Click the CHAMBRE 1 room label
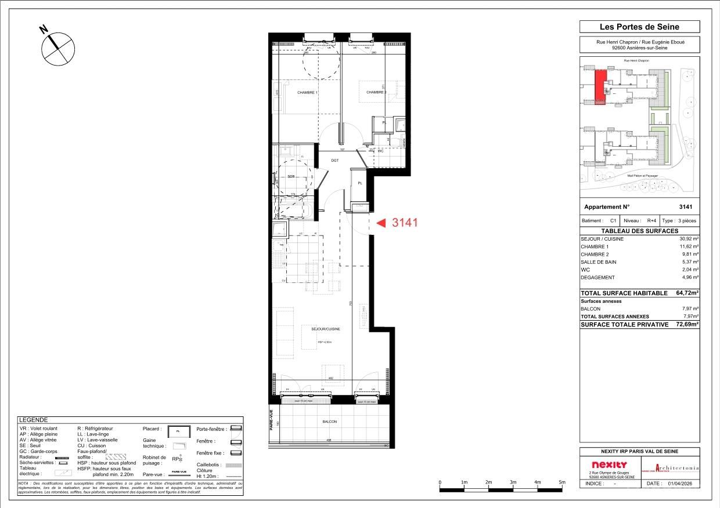pos(307,93)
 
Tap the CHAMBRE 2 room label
pos(376,92)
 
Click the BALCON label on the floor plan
pos(330,422)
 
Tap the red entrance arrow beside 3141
pos(381,222)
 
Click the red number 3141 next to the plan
pos(405,222)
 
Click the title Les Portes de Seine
pos(639,27)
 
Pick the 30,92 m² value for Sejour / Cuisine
pos(689,239)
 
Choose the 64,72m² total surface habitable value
pos(686,293)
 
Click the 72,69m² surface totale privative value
pos(686,325)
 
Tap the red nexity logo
pos(609,465)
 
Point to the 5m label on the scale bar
pos(561,482)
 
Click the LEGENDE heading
pos(33,420)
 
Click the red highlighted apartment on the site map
pos(600,88)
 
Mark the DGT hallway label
pos(335,161)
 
